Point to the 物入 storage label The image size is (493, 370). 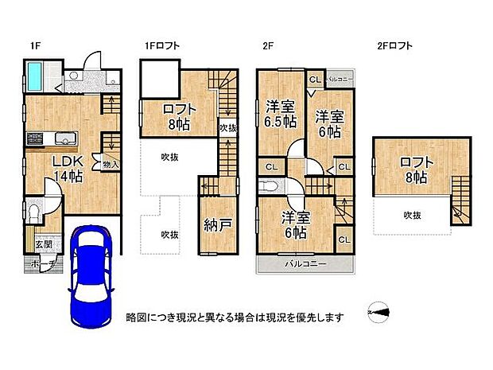tap(111, 165)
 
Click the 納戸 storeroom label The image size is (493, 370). tap(217, 226)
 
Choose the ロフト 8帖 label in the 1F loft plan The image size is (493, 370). tap(177, 117)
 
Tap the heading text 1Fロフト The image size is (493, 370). tap(161, 47)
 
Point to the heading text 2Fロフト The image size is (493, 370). tap(395, 47)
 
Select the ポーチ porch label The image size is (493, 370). tap(36, 263)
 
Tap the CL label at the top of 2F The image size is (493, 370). tap(315, 80)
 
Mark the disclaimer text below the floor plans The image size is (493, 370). tap(235, 317)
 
